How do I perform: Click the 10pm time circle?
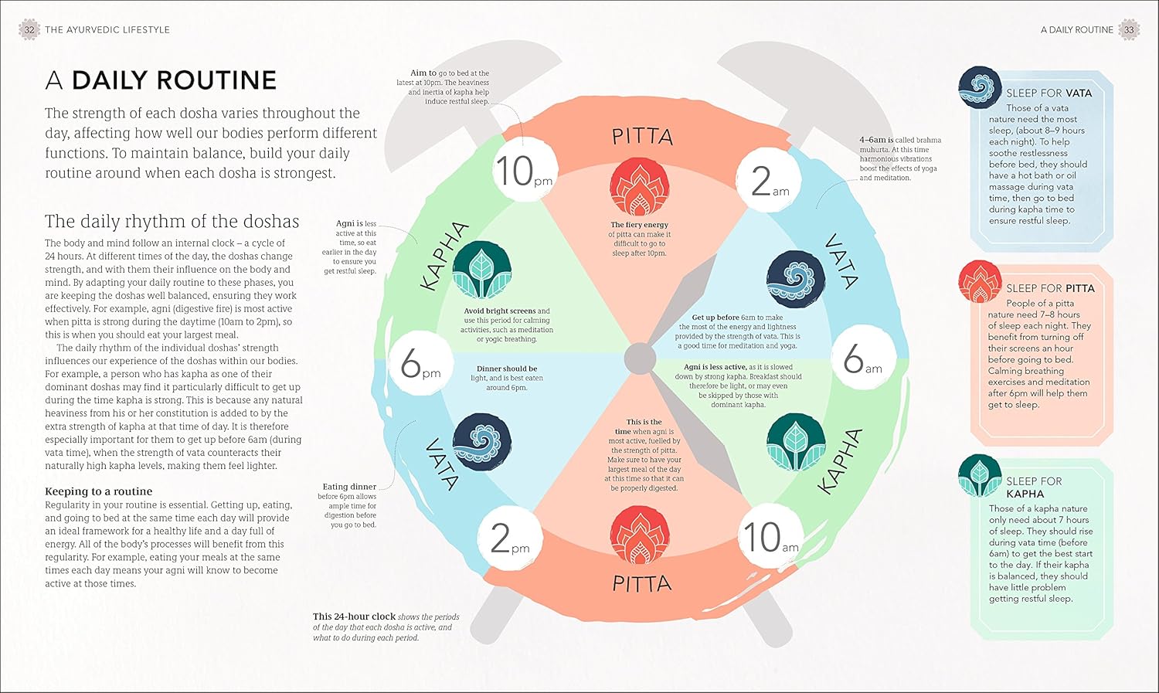(523, 171)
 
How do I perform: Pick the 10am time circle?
(769, 537)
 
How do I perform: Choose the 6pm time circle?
(420, 363)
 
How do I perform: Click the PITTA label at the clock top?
(642, 138)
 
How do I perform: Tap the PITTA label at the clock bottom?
(641, 583)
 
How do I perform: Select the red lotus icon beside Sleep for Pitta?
(980, 281)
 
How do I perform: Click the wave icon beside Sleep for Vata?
(980, 87)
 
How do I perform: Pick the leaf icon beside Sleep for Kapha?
(980, 475)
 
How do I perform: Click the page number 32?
(29, 30)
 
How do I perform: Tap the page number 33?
(1129, 30)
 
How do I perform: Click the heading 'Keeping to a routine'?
(98, 491)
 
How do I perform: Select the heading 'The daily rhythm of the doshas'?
(172, 222)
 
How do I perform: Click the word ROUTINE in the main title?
(174, 80)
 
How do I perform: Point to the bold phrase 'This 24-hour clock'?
(354, 617)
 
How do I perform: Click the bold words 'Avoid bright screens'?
(499, 311)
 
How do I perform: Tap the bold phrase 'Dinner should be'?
(506, 369)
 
